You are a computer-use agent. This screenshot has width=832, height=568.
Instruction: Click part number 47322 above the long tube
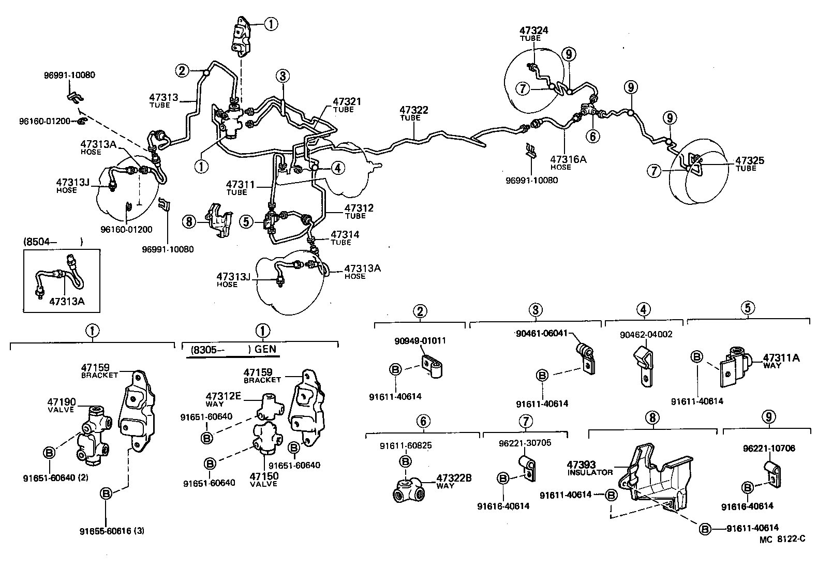point(413,110)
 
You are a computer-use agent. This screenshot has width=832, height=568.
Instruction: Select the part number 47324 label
point(534,31)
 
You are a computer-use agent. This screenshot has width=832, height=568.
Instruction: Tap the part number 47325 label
point(749,161)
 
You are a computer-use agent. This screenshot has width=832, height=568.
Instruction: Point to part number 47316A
point(568,159)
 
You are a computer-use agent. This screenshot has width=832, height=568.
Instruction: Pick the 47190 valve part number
point(62,402)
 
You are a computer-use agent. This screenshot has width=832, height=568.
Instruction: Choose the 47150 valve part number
point(264,476)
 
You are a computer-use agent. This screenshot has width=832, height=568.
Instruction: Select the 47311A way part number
point(781,357)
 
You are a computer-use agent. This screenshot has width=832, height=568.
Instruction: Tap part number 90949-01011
point(420,341)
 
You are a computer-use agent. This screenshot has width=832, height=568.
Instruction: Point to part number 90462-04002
point(646,334)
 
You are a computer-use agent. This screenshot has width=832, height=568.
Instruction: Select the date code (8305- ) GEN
point(233,349)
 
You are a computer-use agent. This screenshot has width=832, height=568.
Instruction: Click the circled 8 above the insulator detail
point(652,417)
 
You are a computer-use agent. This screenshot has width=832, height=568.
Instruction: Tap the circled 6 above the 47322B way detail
point(423,421)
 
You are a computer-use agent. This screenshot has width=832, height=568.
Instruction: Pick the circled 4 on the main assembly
point(337,168)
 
